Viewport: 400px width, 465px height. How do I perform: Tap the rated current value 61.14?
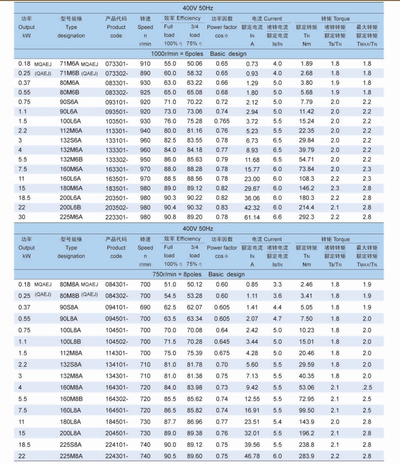pos(252,217)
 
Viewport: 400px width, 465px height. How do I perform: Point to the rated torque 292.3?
pos(306,217)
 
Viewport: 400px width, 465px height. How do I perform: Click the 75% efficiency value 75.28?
pos(194,121)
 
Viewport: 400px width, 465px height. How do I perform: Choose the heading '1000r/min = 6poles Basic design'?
pos(199,53)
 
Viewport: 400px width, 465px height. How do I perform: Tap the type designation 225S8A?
pos(71,445)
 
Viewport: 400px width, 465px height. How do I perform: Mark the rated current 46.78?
pos(252,456)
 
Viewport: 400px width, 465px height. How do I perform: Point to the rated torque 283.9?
pos(306,456)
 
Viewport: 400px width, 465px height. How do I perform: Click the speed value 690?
pos(145,307)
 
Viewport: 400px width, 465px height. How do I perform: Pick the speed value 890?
pos(145,73)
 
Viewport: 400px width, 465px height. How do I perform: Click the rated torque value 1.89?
pos(306,64)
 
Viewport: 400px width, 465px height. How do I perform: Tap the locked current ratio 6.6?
pos(277,217)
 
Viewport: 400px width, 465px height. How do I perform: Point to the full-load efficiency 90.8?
pos(170,217)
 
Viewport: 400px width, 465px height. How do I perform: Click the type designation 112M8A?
pos(71,353)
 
